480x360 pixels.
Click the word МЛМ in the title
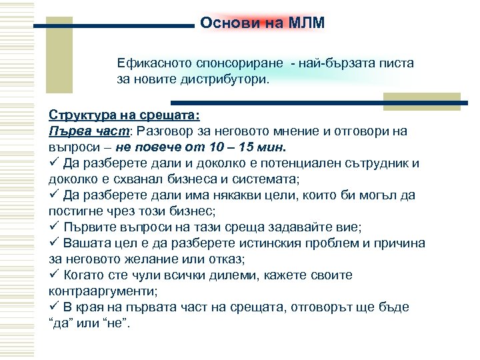(x=307, y=23)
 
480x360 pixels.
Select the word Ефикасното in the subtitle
(x=153, y=63)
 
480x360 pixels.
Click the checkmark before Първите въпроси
(x=55, y=227)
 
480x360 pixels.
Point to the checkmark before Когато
(x=55, y=275)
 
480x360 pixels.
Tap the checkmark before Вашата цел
(x=55, y=243)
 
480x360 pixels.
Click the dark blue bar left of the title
(x=113, y=27)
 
